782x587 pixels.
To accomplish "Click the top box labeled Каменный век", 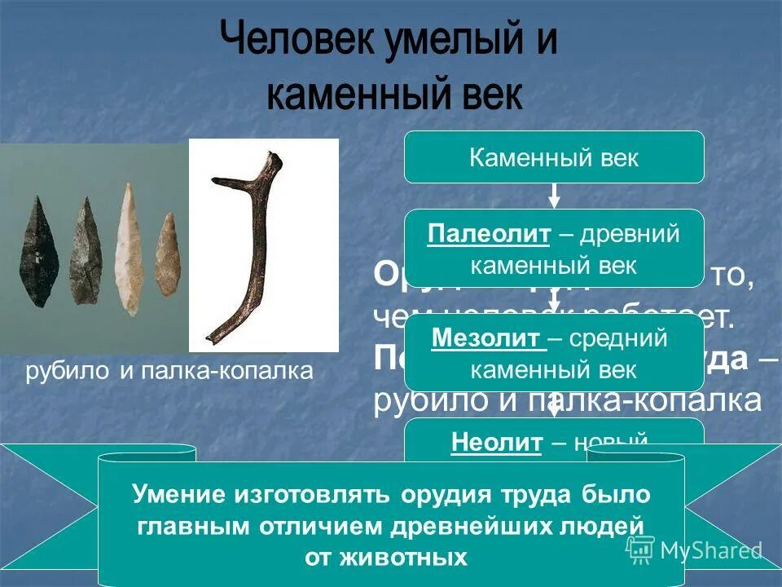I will pyautogui.click(x=554, y=157).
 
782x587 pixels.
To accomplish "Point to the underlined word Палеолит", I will pyautogui.click(x=489, y=235).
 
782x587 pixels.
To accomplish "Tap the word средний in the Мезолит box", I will pyautogui.click(x=618, y=338).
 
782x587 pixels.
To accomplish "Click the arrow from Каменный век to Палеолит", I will pyautogui.click(x=554, y=196).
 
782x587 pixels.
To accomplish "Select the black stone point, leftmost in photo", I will pyautogui.click(x=37, y=254).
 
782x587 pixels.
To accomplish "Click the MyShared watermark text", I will pyautogui.click(x=710, y=550).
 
